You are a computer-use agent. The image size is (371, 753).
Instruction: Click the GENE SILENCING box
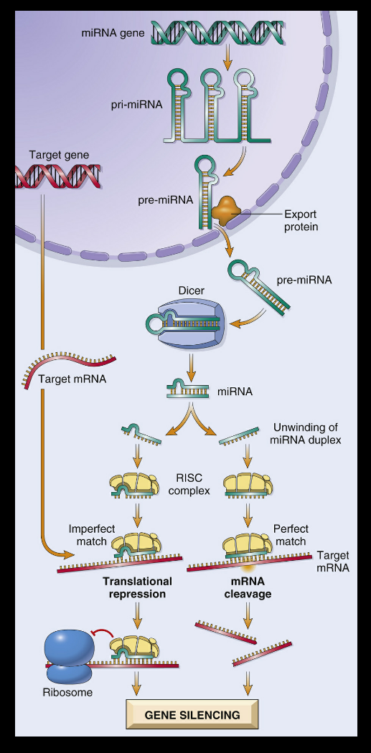click(192, 714)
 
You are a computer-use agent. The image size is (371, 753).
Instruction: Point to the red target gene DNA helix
click(58, 176)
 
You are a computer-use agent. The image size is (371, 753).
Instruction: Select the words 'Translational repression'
click(138, 588)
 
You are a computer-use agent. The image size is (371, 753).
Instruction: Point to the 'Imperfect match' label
click(92, 536)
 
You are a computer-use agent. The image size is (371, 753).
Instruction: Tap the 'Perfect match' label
click(290, 536)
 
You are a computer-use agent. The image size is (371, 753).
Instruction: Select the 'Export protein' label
click(301, 220)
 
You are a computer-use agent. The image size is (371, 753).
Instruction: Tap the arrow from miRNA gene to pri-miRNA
click(228, 57)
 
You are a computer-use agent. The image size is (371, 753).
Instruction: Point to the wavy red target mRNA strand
click(70, 368)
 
